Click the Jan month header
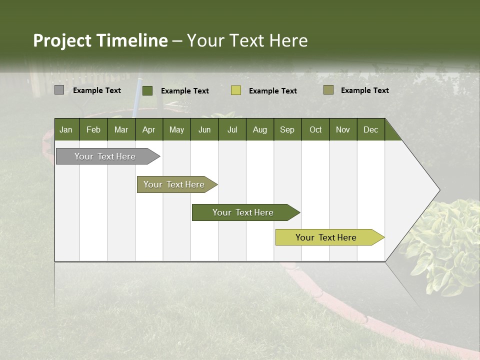[66, 129]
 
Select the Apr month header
[149, 129]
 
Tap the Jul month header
[232, 129]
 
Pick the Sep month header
[287, 129]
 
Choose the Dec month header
[370, 129]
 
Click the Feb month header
[93, 129]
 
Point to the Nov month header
[343, 129]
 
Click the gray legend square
[59, 90]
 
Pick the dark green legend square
[147, 90]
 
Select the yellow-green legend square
[236, 90]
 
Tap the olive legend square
[328, 90]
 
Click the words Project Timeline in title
[100, 40]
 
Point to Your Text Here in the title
[247, 40]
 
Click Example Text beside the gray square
[97, 90]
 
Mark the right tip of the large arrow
[439, 190]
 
